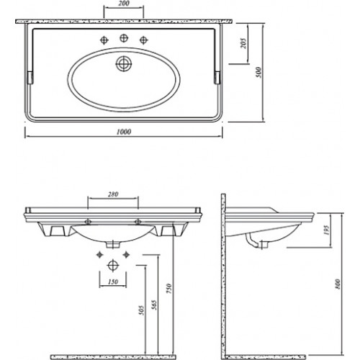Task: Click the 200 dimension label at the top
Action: [124, 4]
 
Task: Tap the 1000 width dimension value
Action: [124, 132]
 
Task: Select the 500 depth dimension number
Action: [258, 72]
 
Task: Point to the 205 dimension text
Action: [243, 43]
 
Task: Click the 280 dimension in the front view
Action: [113, 194]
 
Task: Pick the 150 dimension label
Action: [113, 282]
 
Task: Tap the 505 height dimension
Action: [142, 310]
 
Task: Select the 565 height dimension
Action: [155, 305]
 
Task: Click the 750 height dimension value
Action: [169, 289]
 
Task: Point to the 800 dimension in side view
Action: [338, 284]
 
